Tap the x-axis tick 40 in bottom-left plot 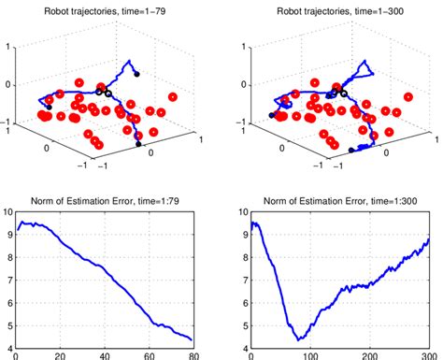click(x=103, y=356)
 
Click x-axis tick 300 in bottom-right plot click(x=428, y=356)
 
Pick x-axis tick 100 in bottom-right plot click(x=310, y=356)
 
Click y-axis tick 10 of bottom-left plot click(x=8, y=211)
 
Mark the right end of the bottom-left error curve click(x=192, y=339)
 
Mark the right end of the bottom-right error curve click(x=428, y=238)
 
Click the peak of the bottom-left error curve click(x=25, y=223)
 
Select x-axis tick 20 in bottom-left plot click(x=60, y=356)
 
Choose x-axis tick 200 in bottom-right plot click(x=369, y=356)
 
